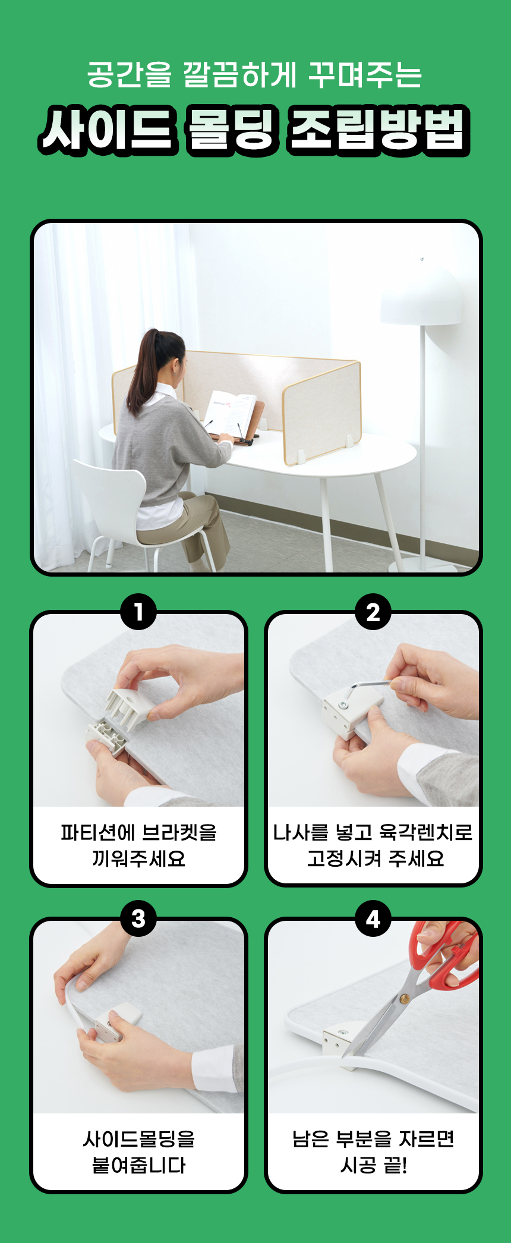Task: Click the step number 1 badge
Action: pyautogui.click(x=138, y=612)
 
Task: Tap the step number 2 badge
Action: pyautogui.click(x=373, y=612)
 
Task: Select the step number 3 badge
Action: pyautogui.click(x=138, y=918)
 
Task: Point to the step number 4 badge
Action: pyautogui.click(x=373, y=918)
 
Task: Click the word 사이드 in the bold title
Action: pyautogui.click(x=109, y=130)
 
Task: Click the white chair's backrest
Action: pyautogui.click(x=109, y=496)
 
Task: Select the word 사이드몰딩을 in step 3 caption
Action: pyautogui.click(x=138, y=1139)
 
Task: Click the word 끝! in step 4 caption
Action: pyautogui.click(x=396, y=1165)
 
